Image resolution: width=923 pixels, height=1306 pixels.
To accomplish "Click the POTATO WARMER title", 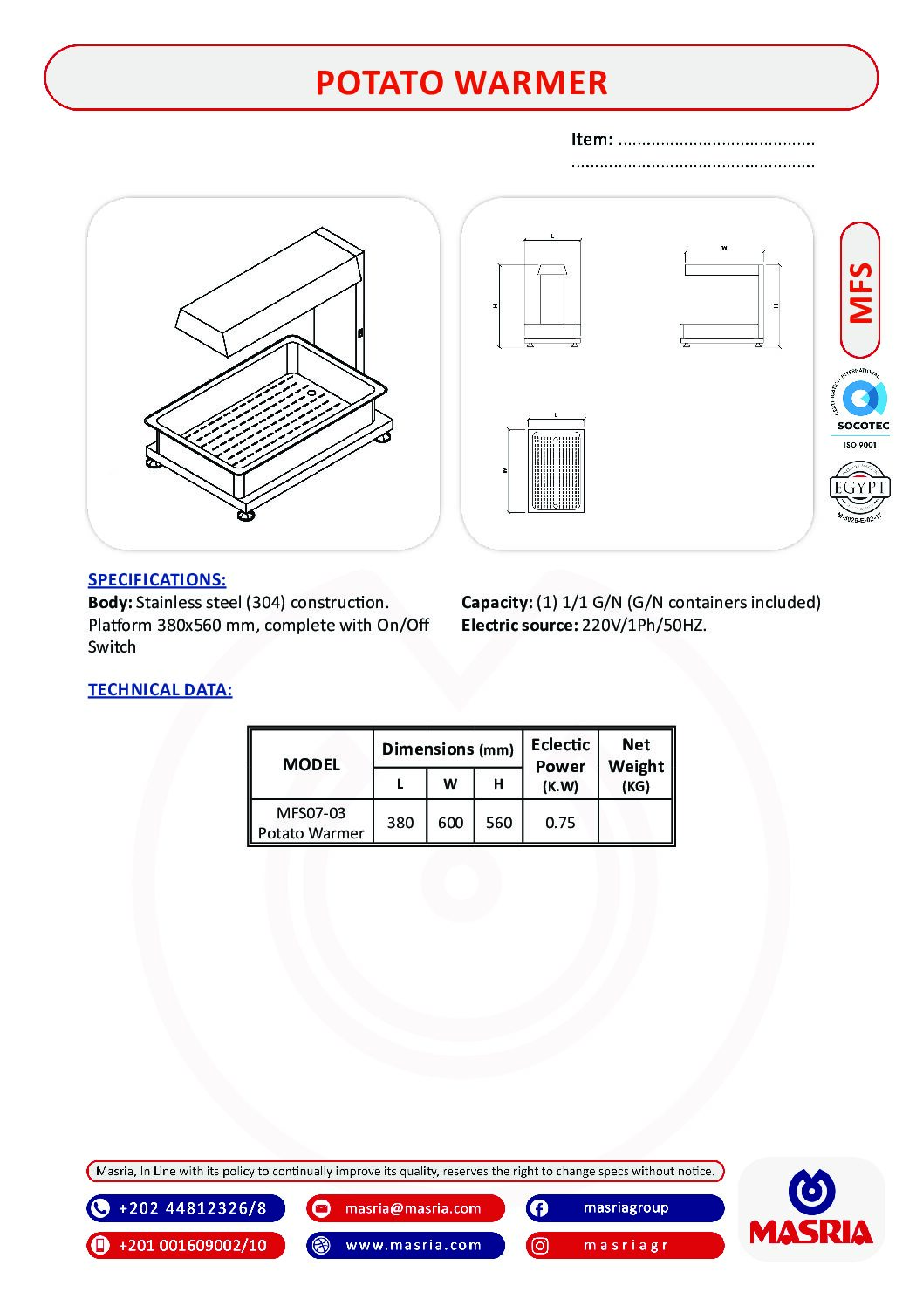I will pyautogui.click(x=461, y=82).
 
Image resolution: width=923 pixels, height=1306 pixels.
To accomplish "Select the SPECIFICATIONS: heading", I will pyautogui.click(x=157, y=579).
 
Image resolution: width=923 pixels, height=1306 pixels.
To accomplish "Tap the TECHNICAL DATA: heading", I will pyautogui.click(x=160, y=689).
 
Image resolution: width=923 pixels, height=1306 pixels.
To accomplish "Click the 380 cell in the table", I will pyautogui.click(x=400, y=822).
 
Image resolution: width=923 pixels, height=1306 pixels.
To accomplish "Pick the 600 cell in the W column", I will pyautogui.click(x=450, y=822).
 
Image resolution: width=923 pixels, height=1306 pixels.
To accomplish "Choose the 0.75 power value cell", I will pyautogui.click(x=560, y=822).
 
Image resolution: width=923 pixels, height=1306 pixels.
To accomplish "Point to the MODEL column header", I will pyautogui.click(x=311, y=764).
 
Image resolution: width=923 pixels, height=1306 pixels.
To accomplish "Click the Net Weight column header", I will pyautogui.click(x=636, y=763).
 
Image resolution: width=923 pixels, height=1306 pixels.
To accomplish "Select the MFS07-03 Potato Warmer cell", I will pyautogui.click(x=311, y=822).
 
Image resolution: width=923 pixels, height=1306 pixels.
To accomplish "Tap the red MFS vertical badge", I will pyautogui.click(x=860, y=291).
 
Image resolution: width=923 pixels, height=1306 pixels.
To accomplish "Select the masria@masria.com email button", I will pyautogui.click(x=406, y=1208).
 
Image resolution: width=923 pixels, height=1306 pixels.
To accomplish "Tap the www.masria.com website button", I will pyautogui.click(x=406, y=1245).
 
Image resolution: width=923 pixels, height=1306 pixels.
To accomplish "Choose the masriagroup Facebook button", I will pyautogui.click(x=625, y=1208).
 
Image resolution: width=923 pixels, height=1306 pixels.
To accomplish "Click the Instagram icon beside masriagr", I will pyautogui.click(x=540, y=1246).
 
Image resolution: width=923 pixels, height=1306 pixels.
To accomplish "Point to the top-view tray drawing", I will pyautogui.click(x=556, y=471).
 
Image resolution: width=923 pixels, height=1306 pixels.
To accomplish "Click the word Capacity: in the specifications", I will pyautogui.click(x=496, y=602).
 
